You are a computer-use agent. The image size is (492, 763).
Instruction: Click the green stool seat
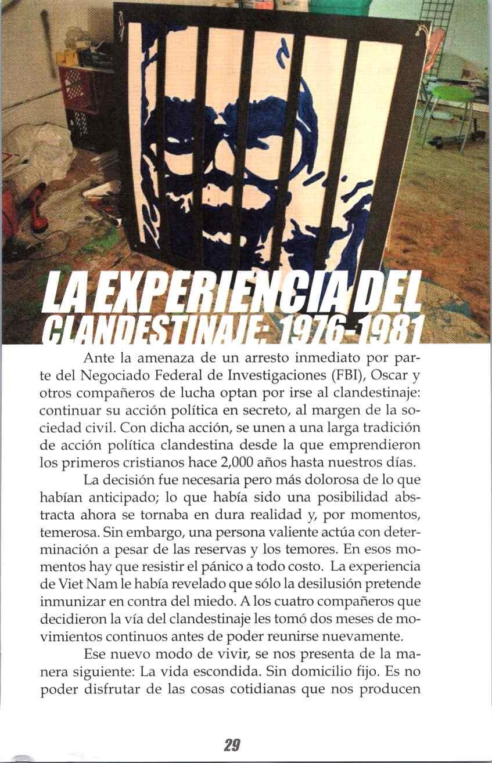coord(450,92)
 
